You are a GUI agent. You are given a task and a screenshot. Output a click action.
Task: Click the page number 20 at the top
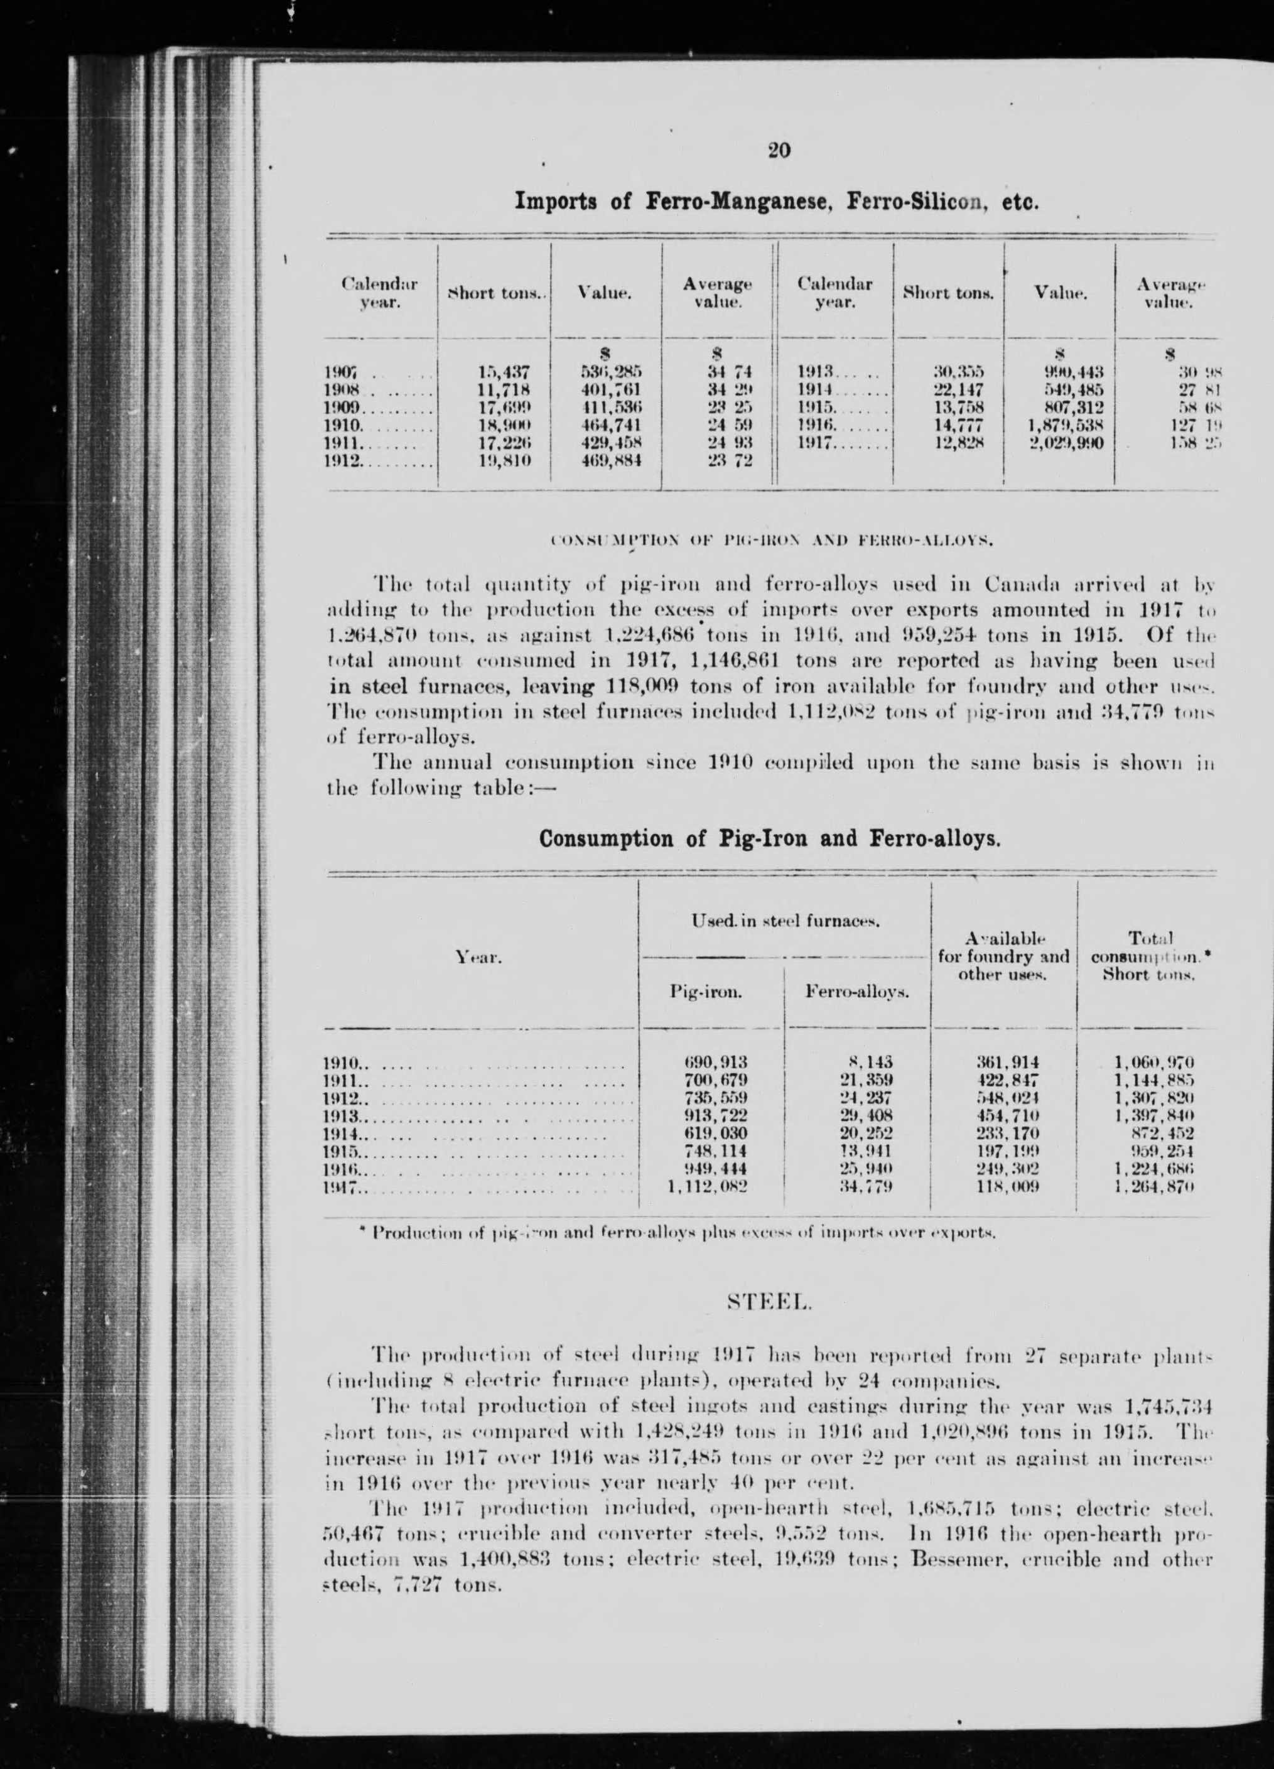(x=778, y=151)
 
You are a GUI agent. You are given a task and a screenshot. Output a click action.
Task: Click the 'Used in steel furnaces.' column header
(x=785, y=922)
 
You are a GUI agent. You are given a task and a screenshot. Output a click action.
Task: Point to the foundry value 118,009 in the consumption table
(x=1007, y=1208)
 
